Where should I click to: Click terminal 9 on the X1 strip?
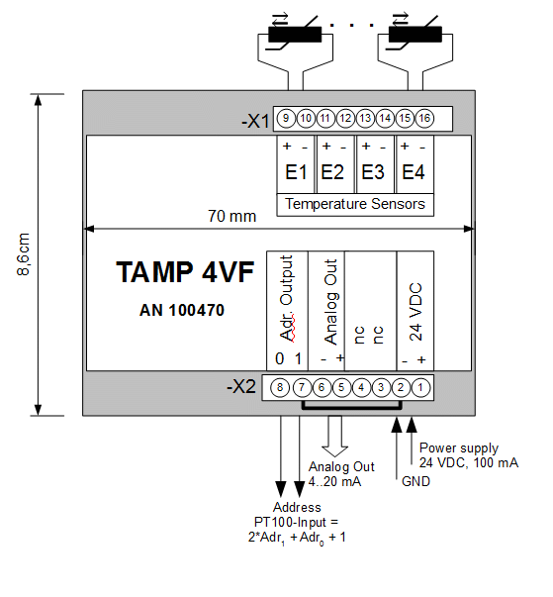click(286, 119)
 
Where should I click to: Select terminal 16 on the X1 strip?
click(424, 119)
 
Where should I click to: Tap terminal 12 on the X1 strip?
click(345, 119)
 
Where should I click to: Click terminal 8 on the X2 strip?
click(280, 387)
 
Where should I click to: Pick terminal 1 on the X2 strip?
click(420, 387)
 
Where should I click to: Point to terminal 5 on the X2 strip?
click(341, 387)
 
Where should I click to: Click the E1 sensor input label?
click(296, 172)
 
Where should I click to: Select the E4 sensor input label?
click(414, 172)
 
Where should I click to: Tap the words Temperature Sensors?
click(355, 204)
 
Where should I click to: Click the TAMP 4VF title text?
click(185, 272)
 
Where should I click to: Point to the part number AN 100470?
click(182, 310)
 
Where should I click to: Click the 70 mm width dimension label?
click(232, 216)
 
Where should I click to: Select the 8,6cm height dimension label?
click(23, 254)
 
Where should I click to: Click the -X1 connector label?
click(255, 122)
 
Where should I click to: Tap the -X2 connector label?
click(241, 387)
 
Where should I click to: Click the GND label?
click(415, 481)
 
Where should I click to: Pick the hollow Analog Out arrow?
click(334, 436)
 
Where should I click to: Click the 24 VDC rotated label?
click(415, 312)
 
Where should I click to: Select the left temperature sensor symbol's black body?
click(295, 35)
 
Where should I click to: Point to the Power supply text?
click(459, 448)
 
